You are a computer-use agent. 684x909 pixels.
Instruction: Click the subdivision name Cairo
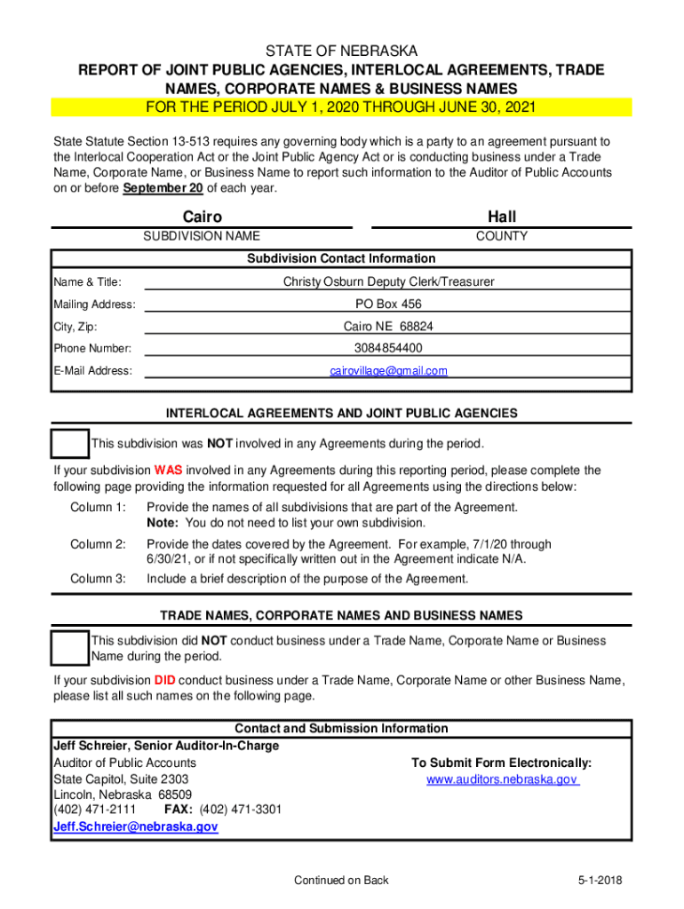[202, 217]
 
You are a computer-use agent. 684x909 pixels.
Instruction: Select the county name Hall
[501, 217]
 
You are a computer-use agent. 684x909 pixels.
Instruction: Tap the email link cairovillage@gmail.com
[388, 370]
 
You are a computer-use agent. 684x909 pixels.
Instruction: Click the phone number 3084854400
[388, 348]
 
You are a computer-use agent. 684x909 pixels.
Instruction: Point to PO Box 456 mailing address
[388, 304]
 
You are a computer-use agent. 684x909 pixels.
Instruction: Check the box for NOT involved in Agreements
[69, 444]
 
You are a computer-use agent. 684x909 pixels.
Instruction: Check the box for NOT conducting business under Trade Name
[69, 648]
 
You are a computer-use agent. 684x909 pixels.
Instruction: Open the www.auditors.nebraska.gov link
[502, 779]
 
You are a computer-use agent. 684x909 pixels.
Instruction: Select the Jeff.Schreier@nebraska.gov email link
[135, 826]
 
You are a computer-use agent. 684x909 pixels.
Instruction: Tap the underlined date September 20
[163, 189]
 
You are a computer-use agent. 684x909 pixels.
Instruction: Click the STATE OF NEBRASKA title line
[341, 51]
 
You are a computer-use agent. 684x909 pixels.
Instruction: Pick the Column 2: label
[98, 544]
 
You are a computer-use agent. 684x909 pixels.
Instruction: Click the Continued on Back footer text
[341, 880]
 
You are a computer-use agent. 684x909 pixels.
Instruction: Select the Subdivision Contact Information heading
[341, 258]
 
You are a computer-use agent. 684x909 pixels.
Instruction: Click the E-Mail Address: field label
[92, 371]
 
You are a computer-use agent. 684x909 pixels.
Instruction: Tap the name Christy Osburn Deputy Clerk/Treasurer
[388, 281]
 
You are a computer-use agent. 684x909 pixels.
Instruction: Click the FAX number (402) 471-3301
[240, 810]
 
